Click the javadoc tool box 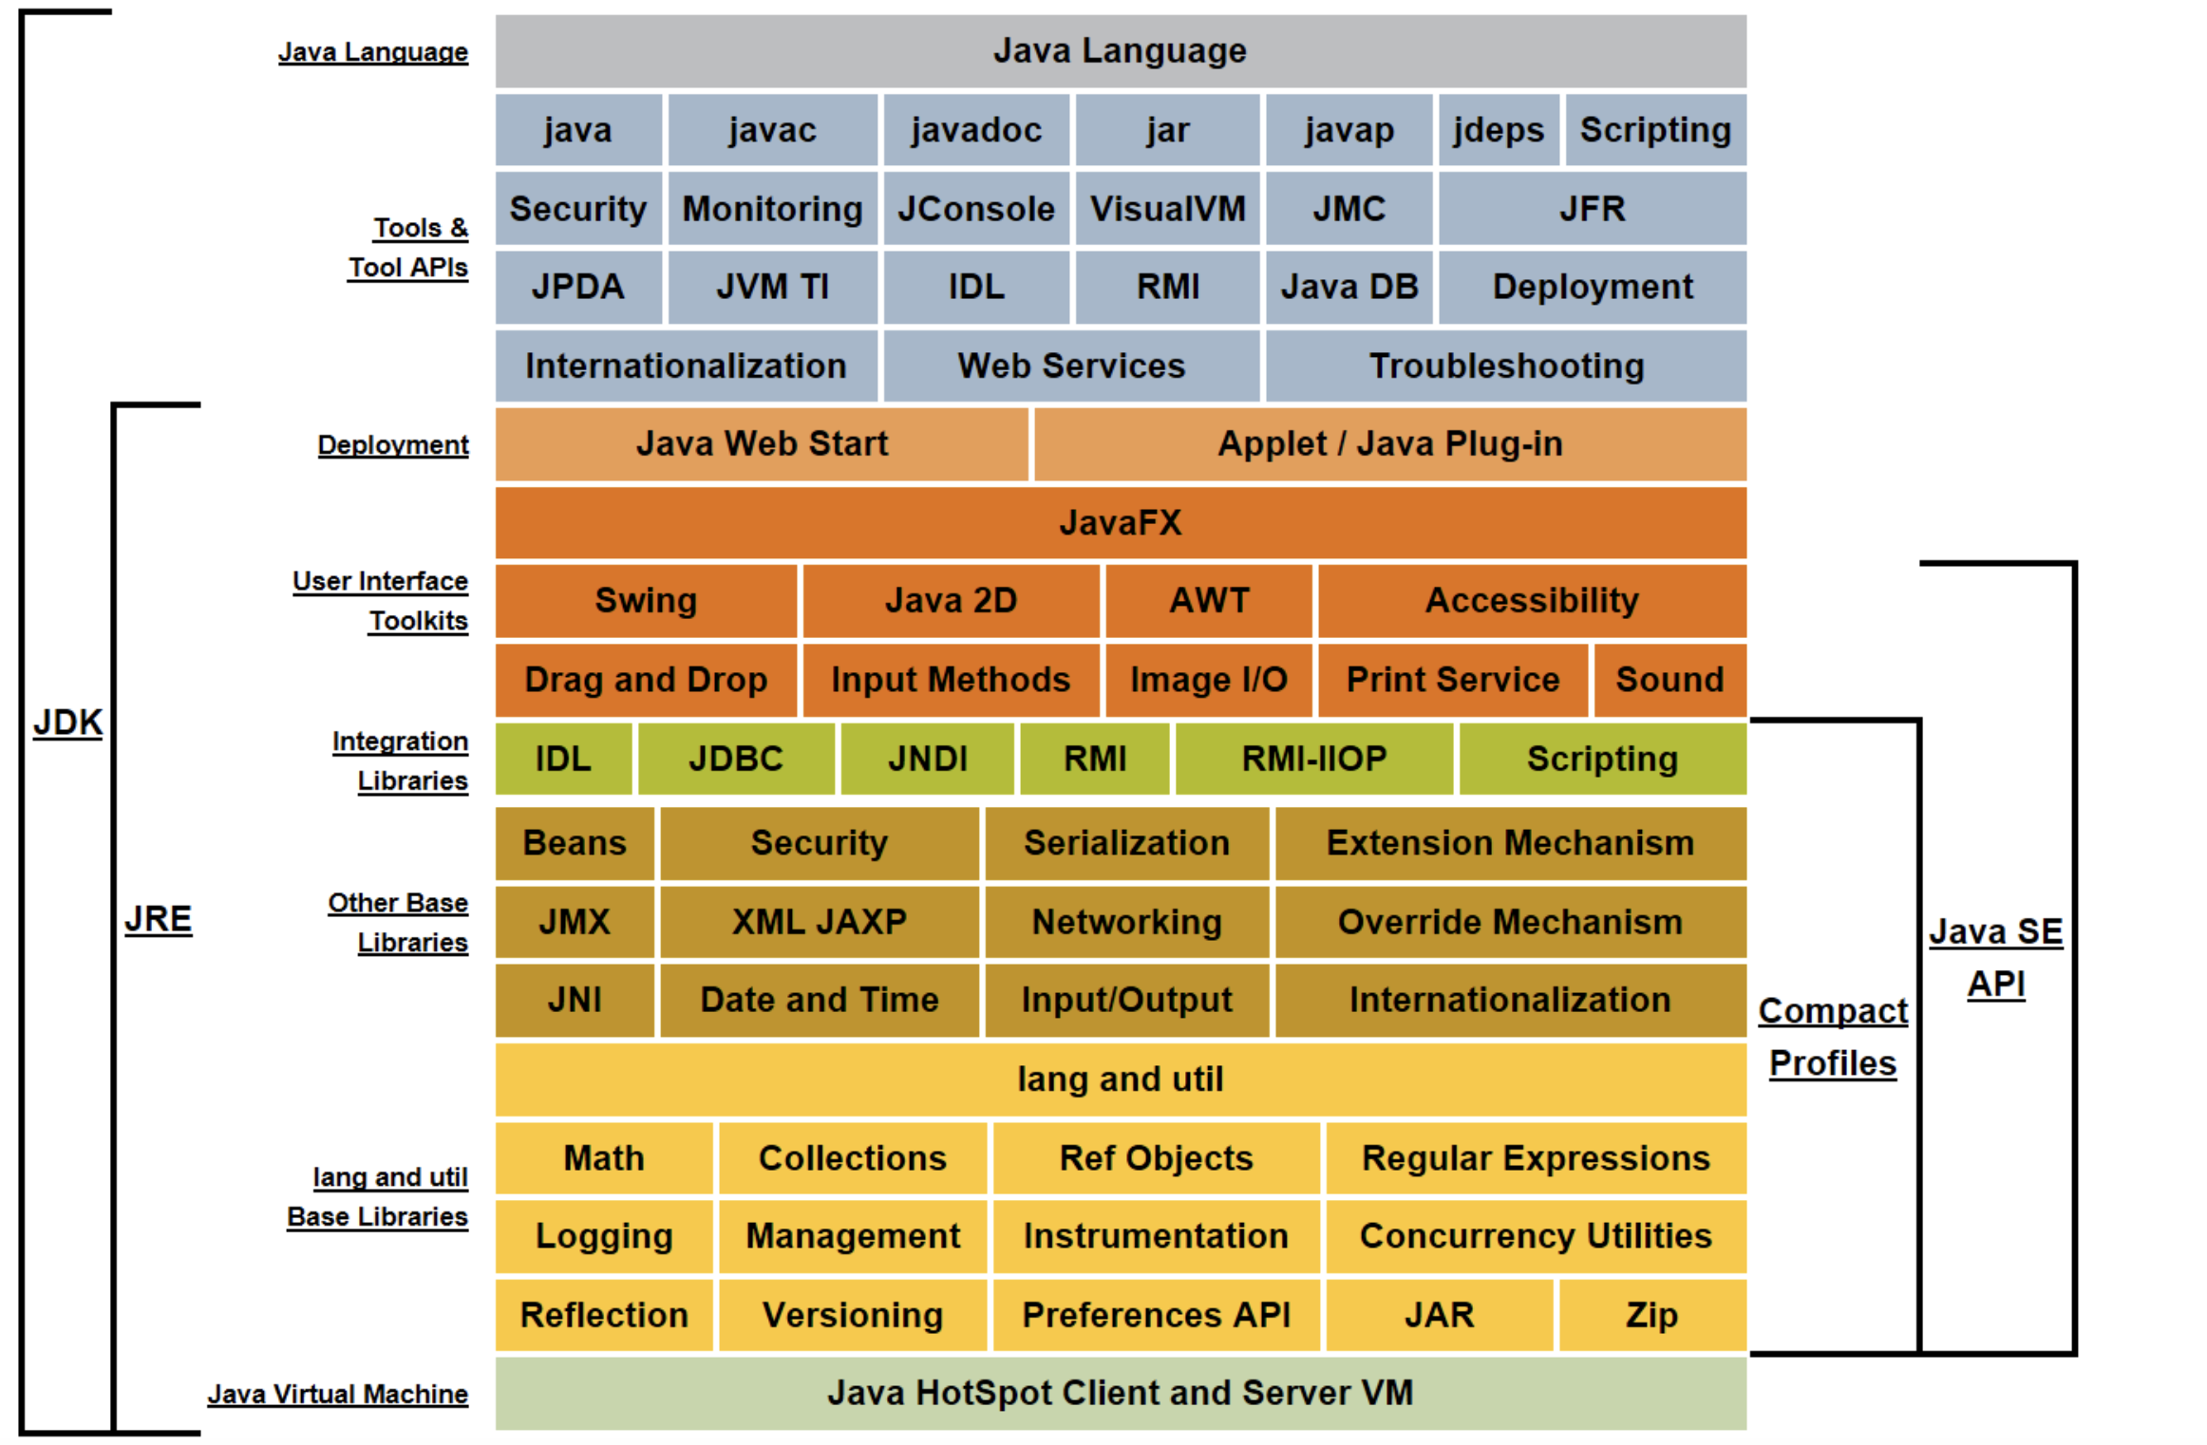pyautogui.click(x=976, y=130)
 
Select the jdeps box pyautogui.click(x=1499, y=130)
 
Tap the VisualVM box pyautogui.click(x=1167, y=209)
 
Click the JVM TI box pyautogui.click(x=772, y=287)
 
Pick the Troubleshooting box pyautogui.click(x=1506, y=366)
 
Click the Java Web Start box pyautogui.click(x=762, y=444)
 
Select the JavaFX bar pyautogui.click(x=1121, y=523)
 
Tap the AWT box pyautogui.click(x=1209, y=601)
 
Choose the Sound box pyautogui.click(x=1669, y=680)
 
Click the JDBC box pyautogui.click(x=736, y=759)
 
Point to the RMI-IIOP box pyautogui.click(x=1314, y=759)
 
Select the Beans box pyautogui.click(x=575, y=843)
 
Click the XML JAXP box pyautogui.click(x=820, y=922)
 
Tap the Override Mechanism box pyautogui.click(x=1510, y=922)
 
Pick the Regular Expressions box pyautogui.click(x=1536, y=1158)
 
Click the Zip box pyautogui.click(x=1652, y=1315)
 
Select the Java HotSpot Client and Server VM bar pyautogui.click(x=1121, y=1393)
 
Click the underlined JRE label pyautogui.click(x=159, y=919)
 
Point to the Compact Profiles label pyautogui.click(x=1833, y=1037)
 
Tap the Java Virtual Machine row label pyautogui.click(x=338, y=1394)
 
